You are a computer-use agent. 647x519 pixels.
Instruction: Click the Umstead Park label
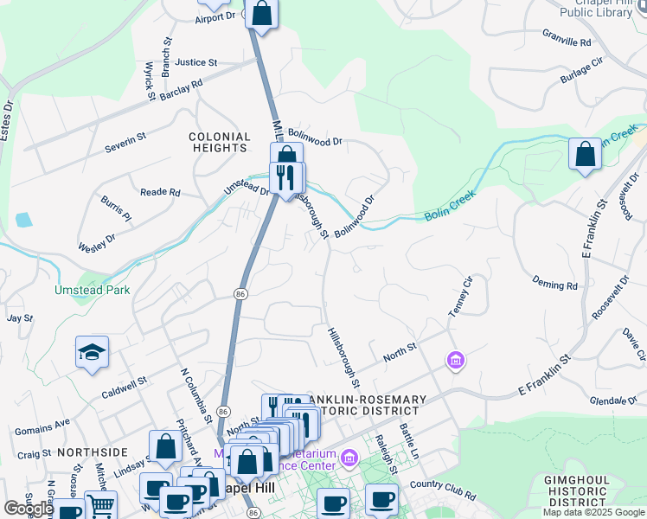point(93,290)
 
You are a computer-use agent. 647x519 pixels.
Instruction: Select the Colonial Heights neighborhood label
point(220,142)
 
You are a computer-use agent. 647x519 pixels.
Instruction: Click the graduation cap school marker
point(93,352)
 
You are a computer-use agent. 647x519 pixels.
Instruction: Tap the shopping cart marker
point(101,506)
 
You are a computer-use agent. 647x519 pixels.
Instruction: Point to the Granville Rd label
point(567,41)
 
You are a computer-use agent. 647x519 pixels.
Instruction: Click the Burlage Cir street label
point(581,70)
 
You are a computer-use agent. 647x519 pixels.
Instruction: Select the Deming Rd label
point(554,285)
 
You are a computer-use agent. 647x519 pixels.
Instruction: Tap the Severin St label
point(126,137)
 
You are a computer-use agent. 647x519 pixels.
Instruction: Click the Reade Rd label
point(160,192)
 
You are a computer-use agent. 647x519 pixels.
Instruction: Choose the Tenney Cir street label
point(458,295)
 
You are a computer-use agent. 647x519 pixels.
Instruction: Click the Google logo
point(29,509)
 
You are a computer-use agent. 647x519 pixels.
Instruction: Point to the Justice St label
point(195,62)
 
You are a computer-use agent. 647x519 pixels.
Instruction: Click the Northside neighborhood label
point(93,452)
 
